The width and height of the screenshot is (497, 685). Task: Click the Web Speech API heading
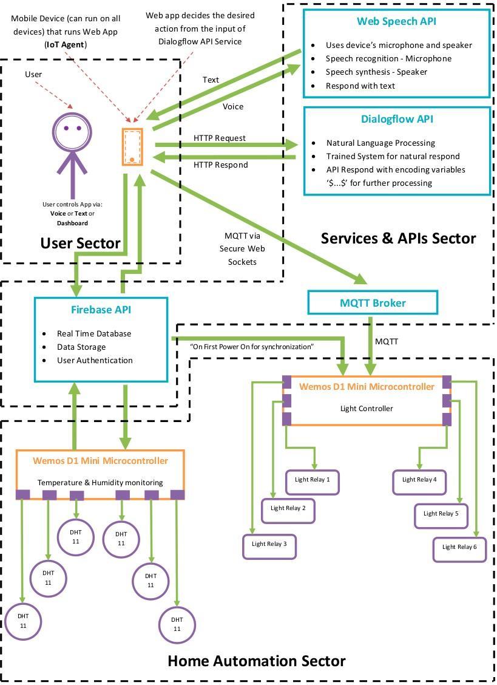[x=396, y=21]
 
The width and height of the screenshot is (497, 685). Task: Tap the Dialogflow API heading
[x=397, y=119]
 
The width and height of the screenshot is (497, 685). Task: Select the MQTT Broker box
[x=373, y=303]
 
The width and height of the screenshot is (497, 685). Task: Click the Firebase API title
[x=101, y=310]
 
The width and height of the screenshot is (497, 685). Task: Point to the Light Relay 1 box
[x=313, y=482]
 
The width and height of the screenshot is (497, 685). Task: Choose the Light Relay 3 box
[x=269, y=547]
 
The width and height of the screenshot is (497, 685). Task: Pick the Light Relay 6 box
[x=459, y=550]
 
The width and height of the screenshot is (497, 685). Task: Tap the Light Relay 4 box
[x=419, y=482]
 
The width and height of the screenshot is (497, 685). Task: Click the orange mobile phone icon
[x=132, y=146]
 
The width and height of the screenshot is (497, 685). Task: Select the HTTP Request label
[x=220, y=138]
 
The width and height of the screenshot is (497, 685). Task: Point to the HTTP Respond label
[x=220, y=165]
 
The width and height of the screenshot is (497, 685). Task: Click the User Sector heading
[x=80, y=243]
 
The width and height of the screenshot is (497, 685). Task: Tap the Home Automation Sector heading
[x=256, y=661]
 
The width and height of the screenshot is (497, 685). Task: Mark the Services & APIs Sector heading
[x=398, y=239]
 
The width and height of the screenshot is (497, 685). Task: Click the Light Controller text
[x=367, y=409]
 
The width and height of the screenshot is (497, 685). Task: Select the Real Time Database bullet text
[x=94, y=334]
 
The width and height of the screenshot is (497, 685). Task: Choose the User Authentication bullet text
[x=95, y=360]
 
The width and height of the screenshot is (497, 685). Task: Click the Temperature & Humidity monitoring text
[x=100, y=482]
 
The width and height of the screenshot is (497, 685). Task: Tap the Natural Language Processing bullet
[x=380, y=143]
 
